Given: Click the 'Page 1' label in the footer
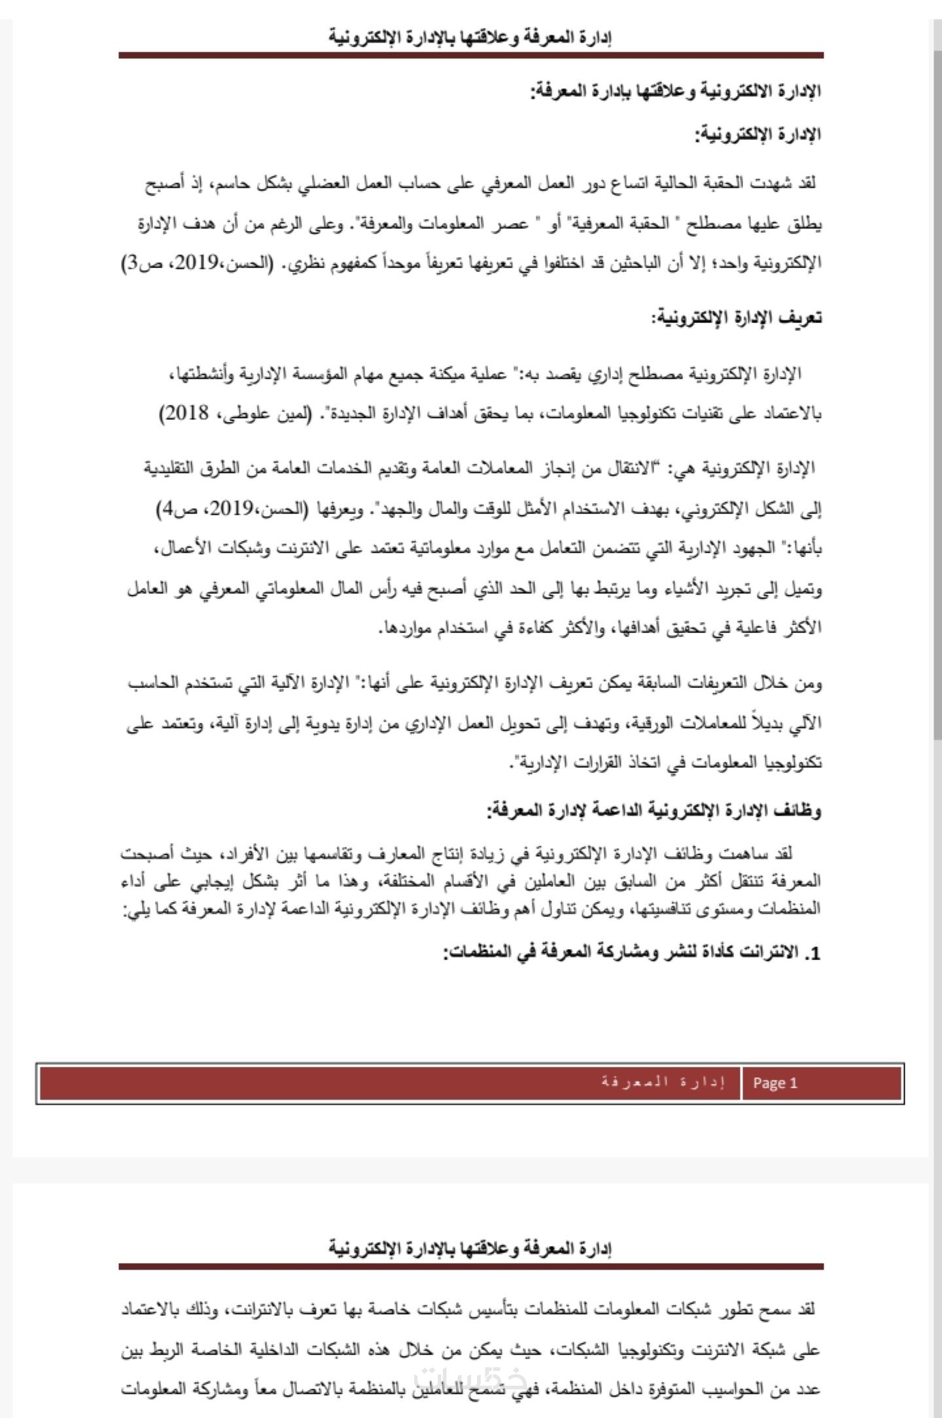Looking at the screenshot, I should click(775, 1083).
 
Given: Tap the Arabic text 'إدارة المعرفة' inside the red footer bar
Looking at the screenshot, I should click(663, 1081).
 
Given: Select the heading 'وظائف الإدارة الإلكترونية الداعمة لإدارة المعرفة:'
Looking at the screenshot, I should click(654, 810).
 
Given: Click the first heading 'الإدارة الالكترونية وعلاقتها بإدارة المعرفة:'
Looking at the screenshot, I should click(676, 92).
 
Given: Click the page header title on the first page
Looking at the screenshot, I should click(470, 37).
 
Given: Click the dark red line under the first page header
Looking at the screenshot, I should click(470, 56).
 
